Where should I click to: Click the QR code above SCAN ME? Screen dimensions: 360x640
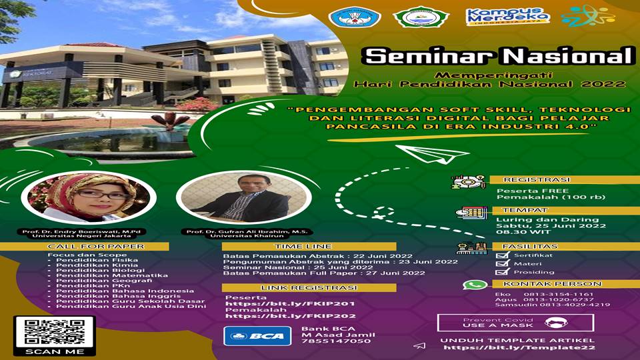click(x=54, y=332)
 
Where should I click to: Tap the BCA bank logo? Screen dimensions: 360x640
click(x=257, y=335)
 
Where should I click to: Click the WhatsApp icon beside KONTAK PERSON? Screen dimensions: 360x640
click(x=475, y=285)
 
